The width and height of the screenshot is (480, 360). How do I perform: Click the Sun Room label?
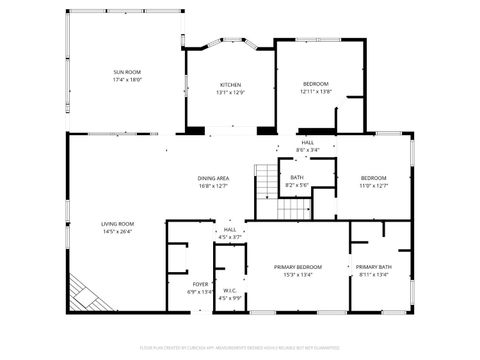[126, 72]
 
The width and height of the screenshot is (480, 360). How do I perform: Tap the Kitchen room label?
[231, 85]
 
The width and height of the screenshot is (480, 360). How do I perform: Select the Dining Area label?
[213, 178]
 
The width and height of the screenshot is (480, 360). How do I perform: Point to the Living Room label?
[117, 224]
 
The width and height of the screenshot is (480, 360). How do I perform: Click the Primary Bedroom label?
[298, 267]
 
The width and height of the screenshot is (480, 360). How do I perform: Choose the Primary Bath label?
[373, 267]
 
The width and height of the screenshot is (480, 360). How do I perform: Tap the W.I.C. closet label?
[229, 291]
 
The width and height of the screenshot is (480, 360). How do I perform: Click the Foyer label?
[201, 285]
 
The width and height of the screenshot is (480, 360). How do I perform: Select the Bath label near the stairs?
[296, 178]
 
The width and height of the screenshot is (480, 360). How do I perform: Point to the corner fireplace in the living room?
[86, 294]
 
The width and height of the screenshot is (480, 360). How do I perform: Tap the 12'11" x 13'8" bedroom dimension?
[316, 92]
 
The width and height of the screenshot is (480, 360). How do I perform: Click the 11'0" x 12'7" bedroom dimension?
[373, 185]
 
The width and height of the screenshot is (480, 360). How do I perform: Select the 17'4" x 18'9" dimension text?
[126, 80]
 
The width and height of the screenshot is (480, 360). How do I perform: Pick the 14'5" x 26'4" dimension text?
[117, 232]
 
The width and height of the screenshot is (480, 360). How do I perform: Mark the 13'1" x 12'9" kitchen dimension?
[231, 93]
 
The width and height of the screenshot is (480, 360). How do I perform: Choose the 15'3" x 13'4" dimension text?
[298, 275]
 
